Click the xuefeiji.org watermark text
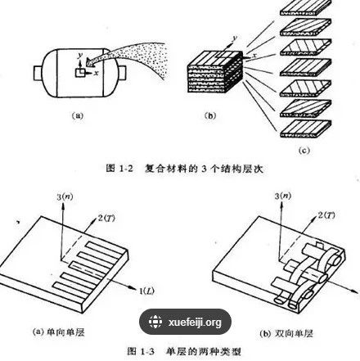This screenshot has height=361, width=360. tap(195, 323)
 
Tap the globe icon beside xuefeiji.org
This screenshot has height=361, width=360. tap(151, 323)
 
